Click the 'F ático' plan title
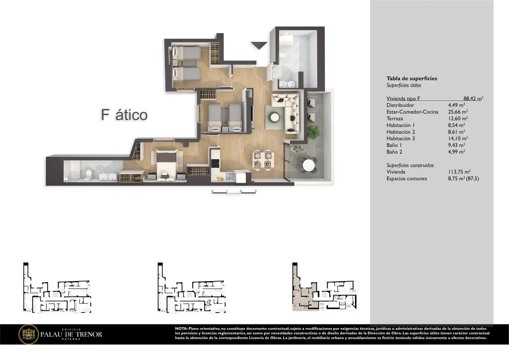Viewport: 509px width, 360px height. click(x=124, y=115)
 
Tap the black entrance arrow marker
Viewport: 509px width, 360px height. click(x=259, y=46)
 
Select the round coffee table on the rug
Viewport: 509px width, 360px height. click(x=274, y=117)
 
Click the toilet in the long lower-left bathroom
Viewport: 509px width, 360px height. click(x=88, y=175)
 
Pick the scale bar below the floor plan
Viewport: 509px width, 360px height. click(x=234, y=192)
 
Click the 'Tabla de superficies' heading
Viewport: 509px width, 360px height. click(x=412, y=78)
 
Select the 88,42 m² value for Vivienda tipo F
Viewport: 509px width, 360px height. click(x=473, y=98)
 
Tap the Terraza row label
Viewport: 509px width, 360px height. click(x=395, y=118)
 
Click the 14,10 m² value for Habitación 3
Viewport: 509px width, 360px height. click(x=458, y=138)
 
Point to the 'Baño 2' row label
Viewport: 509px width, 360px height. click(x=394, y=152)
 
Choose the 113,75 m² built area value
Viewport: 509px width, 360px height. click(x=459, y=172)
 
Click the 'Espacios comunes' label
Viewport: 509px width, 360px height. click(x=407, y=179)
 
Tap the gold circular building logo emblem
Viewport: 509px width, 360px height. click(x=29, y=334)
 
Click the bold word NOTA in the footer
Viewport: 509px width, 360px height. click(x=181, y=328)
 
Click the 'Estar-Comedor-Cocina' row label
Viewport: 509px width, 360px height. click(x=412, y=112)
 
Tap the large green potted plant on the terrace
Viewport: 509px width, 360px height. click(x=313, y=132)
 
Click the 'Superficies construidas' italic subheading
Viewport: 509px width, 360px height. click(x=410, y=165)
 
